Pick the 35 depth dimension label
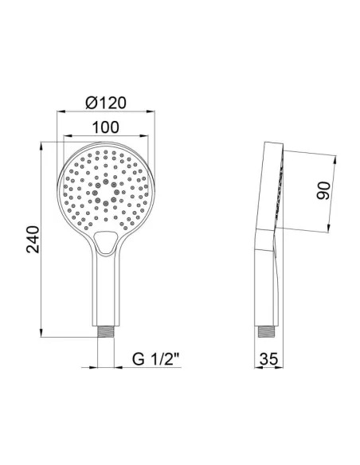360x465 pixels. tap(271, 360)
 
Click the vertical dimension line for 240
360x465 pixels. tap(42, 239)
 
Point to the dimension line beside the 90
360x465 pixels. tap(334, 192)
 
